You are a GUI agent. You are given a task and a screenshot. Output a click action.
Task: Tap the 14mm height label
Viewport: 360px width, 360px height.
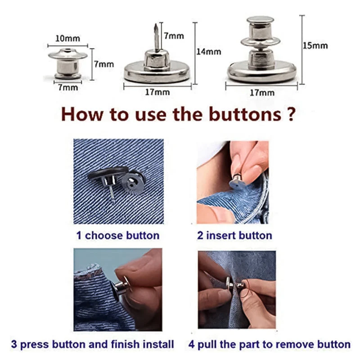(x=209, y=52)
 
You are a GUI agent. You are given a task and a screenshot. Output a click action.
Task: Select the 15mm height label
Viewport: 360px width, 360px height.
(x=315, y=45)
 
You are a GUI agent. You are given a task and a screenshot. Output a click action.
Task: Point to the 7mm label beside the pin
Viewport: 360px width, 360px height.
(x=174, y=36)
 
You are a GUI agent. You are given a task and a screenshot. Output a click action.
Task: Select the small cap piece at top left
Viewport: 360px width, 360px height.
(x=67, y=63)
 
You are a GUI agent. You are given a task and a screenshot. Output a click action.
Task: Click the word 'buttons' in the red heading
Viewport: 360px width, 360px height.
(x=243, y=114)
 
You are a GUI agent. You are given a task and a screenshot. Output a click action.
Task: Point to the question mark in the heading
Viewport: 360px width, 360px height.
(x=290, y=114)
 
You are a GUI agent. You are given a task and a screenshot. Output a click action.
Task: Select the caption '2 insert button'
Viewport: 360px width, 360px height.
(x=234, y=235)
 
